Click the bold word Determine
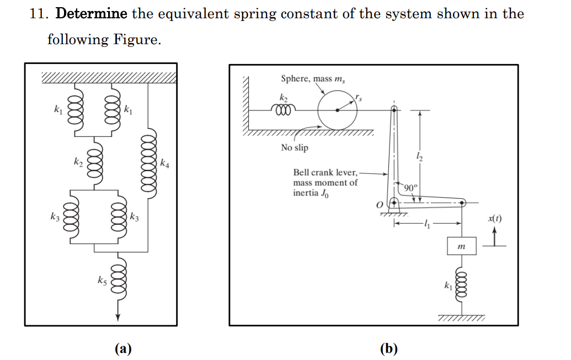tap(91, 14)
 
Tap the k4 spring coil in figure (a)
tap(148, 164)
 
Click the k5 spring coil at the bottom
tap(117, 281)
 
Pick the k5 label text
tap(102, 280)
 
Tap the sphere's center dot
tap(338, 110)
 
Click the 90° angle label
tap(410, 187)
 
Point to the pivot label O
tap(380, 205)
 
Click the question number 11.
tap(36, 14)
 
